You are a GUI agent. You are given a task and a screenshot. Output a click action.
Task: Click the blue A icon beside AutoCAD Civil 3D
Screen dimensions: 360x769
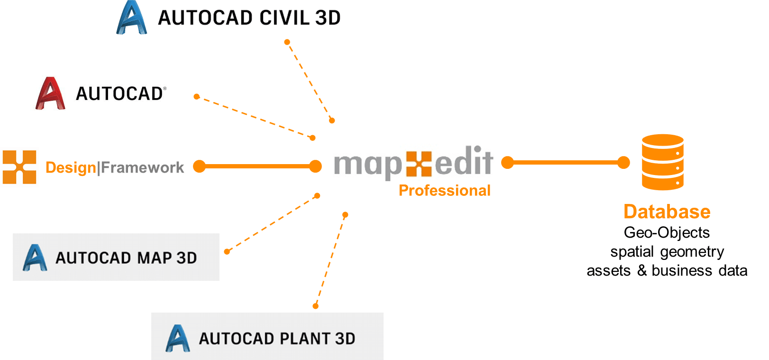[x=131, y=18]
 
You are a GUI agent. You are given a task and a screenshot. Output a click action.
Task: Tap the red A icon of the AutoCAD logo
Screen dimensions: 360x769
[x=50, y=93]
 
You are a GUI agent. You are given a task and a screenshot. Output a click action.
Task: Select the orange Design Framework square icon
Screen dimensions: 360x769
[x=19, y=167]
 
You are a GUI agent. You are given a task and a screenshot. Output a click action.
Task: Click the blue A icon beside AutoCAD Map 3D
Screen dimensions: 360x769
[x=35, y=258]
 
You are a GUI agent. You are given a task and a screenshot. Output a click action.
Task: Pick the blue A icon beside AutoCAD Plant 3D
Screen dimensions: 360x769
[x=178, y=338]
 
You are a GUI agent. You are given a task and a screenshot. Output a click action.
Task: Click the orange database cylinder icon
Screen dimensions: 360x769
[x=662, y=162]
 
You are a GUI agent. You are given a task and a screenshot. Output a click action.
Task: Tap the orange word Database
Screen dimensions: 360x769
[x=667, y=212]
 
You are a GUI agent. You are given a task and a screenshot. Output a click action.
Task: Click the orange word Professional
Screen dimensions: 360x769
[x=444, y=191]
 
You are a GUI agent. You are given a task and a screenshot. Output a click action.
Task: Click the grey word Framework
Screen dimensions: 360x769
[x=142, y=167]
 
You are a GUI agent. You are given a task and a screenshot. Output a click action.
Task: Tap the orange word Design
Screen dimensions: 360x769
[x=71, y=167]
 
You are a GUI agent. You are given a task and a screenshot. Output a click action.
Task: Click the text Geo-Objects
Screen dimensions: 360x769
[x=667, y=232]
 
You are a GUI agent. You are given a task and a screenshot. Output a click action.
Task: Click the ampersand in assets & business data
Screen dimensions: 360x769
[x=642, y=271]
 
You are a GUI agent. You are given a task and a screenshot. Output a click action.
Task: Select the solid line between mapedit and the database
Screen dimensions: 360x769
[x=566, y=163]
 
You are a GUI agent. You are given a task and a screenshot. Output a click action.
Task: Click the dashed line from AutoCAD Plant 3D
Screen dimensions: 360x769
[x=330, y=260]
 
